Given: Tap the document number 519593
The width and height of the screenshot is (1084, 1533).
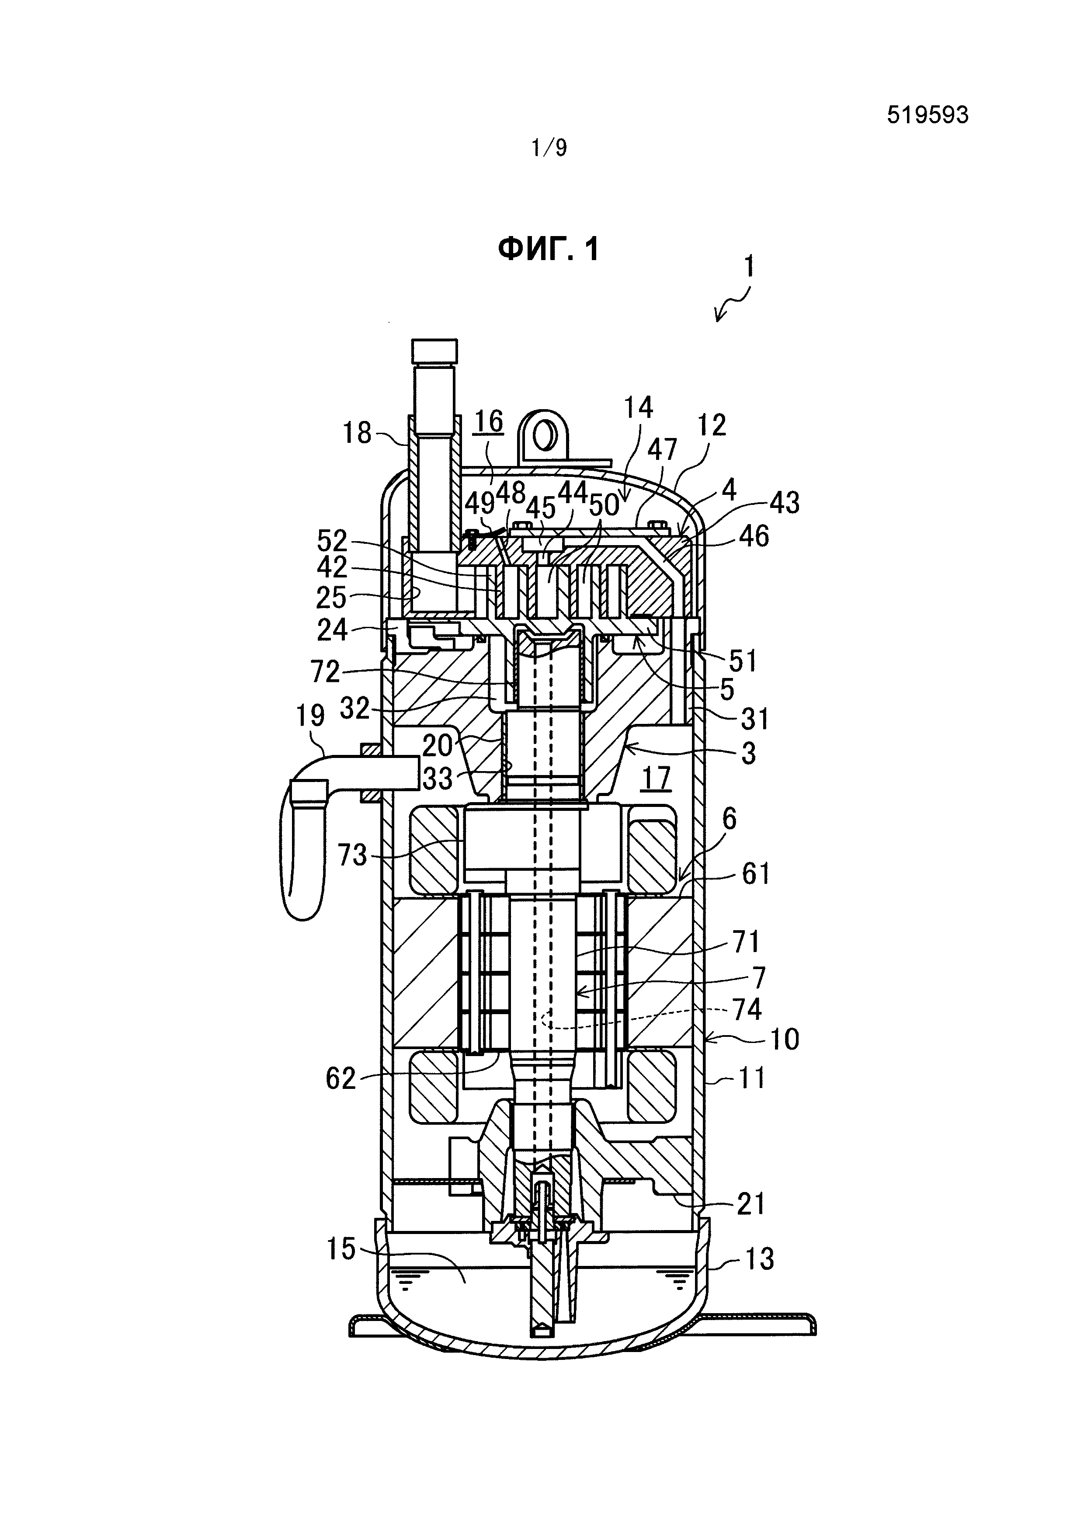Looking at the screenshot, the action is tap(927, 115).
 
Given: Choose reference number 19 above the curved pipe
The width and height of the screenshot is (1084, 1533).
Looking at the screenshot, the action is tap(309, 716).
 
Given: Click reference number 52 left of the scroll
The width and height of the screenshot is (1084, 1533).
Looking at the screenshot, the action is tap(332, 540).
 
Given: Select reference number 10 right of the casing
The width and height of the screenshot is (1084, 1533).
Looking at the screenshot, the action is tap(784, 1039).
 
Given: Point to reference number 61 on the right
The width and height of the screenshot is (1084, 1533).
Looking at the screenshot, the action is tap(756, 873).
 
